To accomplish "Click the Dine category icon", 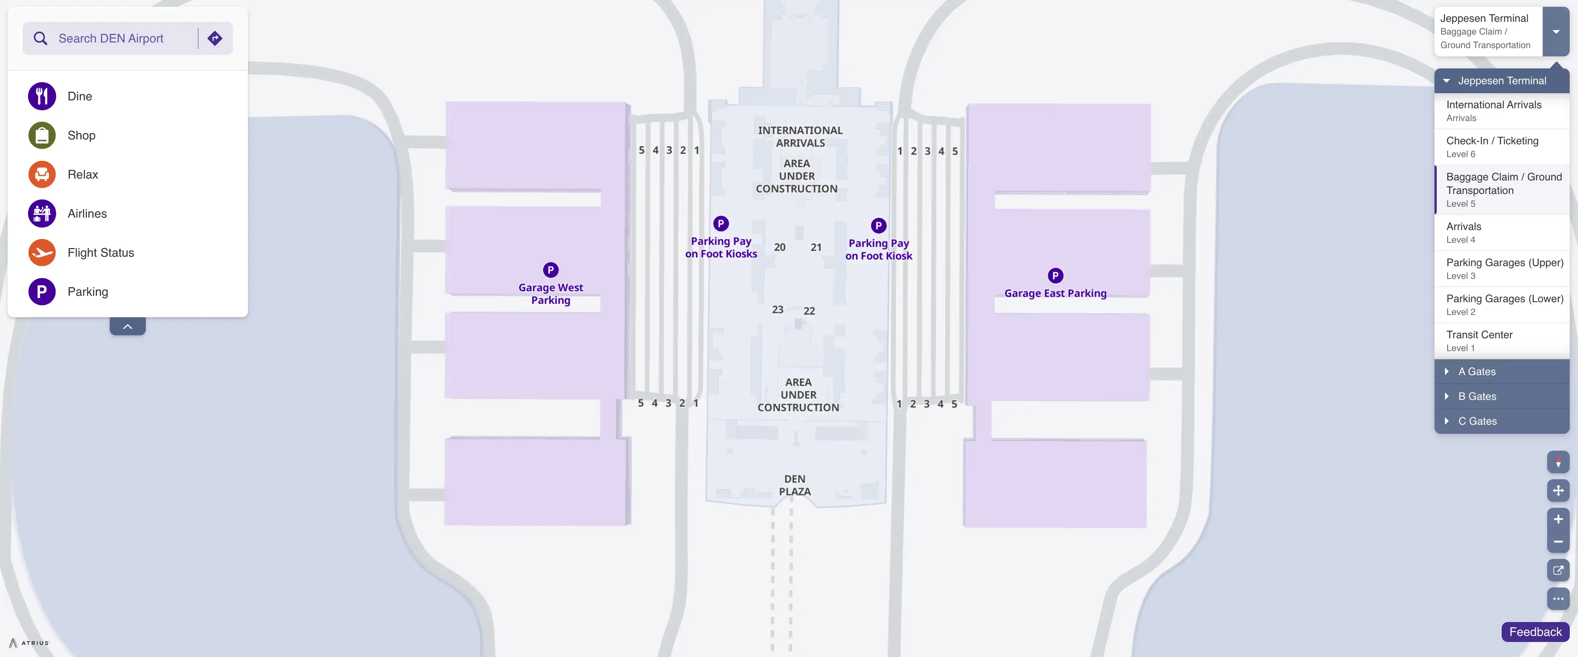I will coord(42,96).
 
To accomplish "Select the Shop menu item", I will coord(81,135).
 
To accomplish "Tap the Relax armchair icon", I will coord(42,175).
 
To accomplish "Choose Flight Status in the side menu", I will coord(100,253).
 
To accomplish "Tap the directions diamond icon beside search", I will coord(215,39).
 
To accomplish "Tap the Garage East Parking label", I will coord(1055,294).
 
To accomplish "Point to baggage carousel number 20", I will coord(779,247).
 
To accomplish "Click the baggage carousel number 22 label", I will coord(809,311).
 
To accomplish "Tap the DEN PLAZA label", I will coord(795,485).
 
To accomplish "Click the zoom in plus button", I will coord(1558,519).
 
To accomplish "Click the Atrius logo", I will coord(29,643).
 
